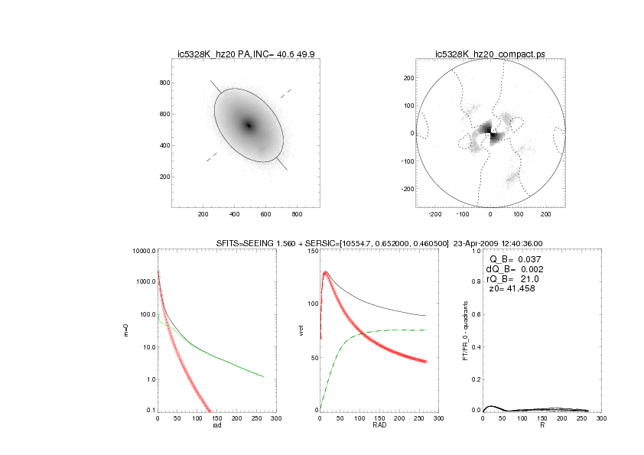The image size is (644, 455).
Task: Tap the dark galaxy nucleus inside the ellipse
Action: pos(249,125)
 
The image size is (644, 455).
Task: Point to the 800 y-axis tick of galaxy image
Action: pos(163,82)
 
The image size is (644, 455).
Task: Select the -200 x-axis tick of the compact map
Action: pos(435,216)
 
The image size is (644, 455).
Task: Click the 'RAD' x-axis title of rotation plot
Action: pos(379,426)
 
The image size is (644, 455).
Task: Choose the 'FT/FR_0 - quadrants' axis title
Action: pos(467,330)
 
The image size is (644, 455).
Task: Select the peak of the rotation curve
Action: pos(326,271)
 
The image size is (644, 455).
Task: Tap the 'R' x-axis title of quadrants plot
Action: pos(542,426)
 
